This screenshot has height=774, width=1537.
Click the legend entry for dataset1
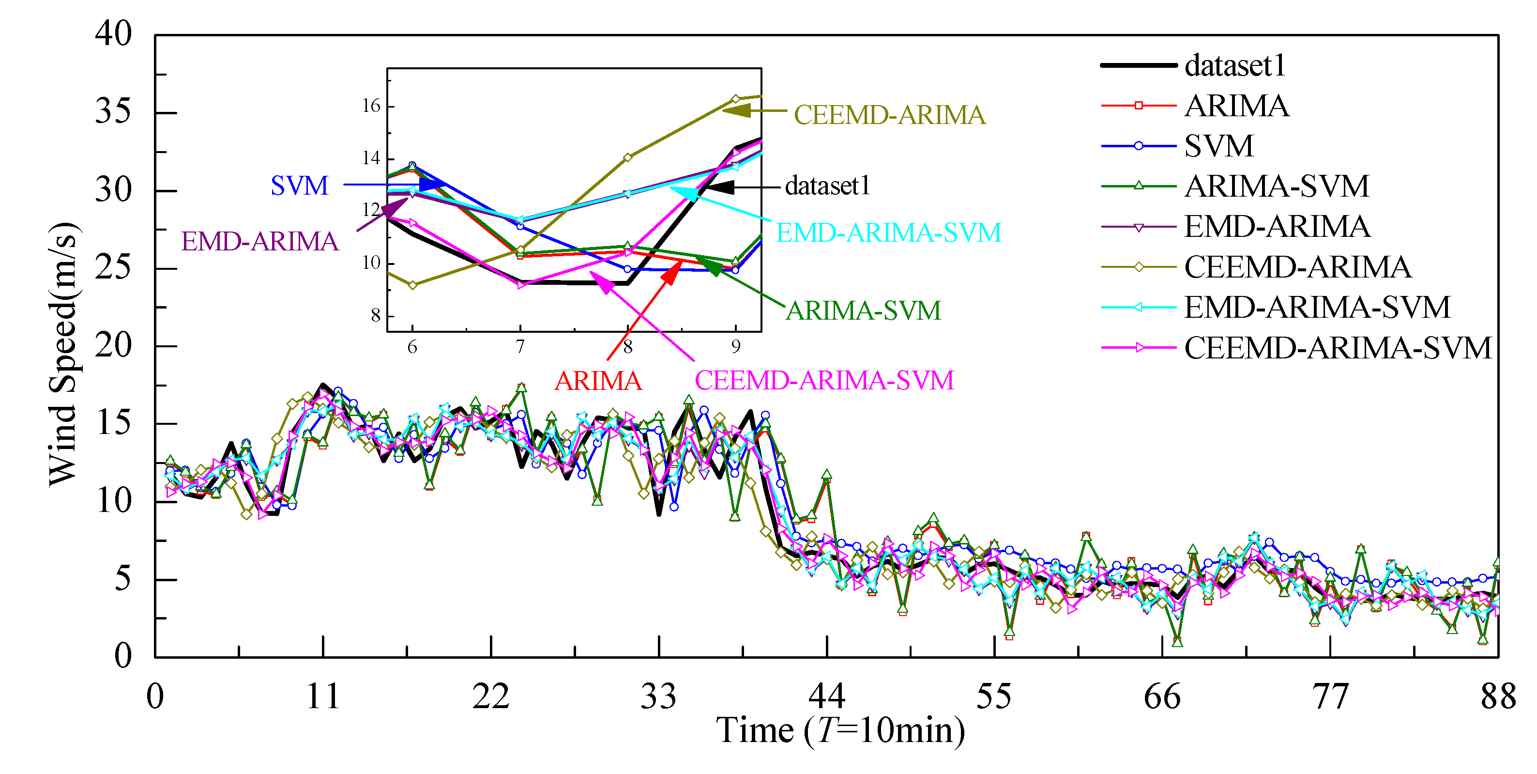pyautogui.click(x=1234, y=66)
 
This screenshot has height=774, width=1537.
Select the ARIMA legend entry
pyautogui.click(x=1236, y=106)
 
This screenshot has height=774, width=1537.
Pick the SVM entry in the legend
pyautogui.click(x=1218, y=146)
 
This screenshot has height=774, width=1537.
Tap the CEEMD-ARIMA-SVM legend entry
pyautogui.click(x=1337, y=348)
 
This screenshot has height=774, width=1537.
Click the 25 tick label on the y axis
pyautogui.click(x=113, y=267)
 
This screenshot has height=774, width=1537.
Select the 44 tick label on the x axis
pyautogui.click(x=826, y=697)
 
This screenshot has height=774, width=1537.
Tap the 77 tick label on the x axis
pyautogui.click(x=1330, y=697)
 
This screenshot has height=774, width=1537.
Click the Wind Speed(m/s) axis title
pyautogui.click(x=63, y=355)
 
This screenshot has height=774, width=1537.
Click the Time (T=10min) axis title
pyautogui.click(x=840, y=730)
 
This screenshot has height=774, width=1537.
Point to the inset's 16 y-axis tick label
pyautogui.click(x=371, y=106)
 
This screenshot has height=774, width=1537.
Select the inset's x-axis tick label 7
pyautogui.click(x=520, y=347)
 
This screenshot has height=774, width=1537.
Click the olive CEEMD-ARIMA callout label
pyautogui.click(x=889, y=115)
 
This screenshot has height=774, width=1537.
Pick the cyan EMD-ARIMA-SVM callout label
pyautogui.click(x=888, y=233)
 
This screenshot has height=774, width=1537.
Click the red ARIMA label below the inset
pyautogui.click(x=598, y=381)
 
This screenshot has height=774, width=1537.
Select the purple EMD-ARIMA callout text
pyautogui.click(x=259, y=242)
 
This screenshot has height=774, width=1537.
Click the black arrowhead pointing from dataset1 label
pyautogui.click(x=721, y=187)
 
